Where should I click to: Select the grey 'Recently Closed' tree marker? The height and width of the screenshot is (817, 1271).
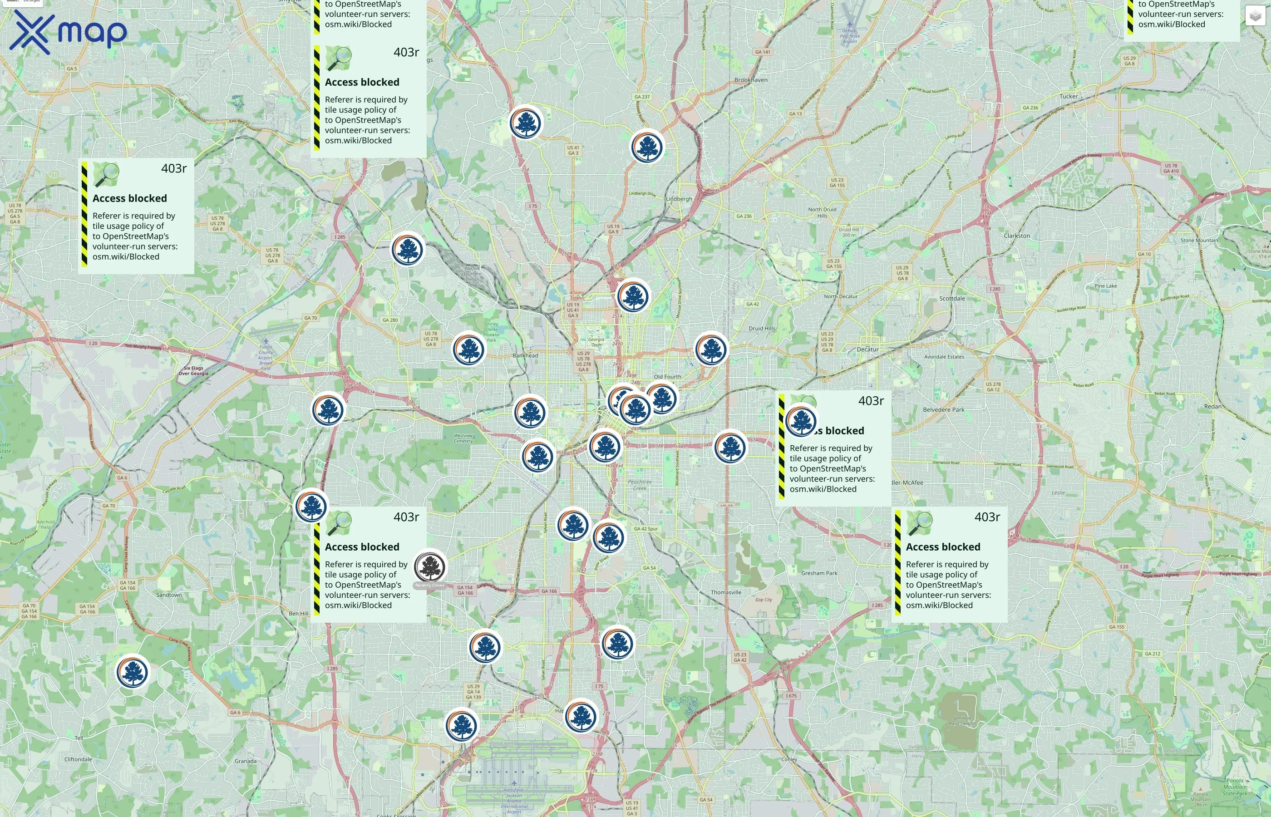430,566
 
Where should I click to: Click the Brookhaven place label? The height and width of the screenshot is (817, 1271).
751,80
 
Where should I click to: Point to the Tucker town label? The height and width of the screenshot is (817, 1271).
1069,97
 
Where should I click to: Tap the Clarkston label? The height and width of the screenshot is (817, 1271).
1016,236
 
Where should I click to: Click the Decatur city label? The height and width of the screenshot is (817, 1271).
867,349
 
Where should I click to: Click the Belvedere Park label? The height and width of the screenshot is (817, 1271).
943,409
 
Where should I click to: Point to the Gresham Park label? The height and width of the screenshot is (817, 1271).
819,573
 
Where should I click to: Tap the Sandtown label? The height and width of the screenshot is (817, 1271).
169,595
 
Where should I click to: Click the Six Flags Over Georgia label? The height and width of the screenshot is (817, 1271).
193,370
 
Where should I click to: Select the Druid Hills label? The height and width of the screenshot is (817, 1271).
762,329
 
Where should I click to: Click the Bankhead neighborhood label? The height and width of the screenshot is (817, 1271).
525,355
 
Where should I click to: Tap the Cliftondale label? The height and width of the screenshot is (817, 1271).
78,759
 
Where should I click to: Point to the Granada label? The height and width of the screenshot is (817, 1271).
245,761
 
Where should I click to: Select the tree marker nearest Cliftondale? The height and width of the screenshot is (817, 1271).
132,672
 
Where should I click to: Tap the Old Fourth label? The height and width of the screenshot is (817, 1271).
667,377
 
